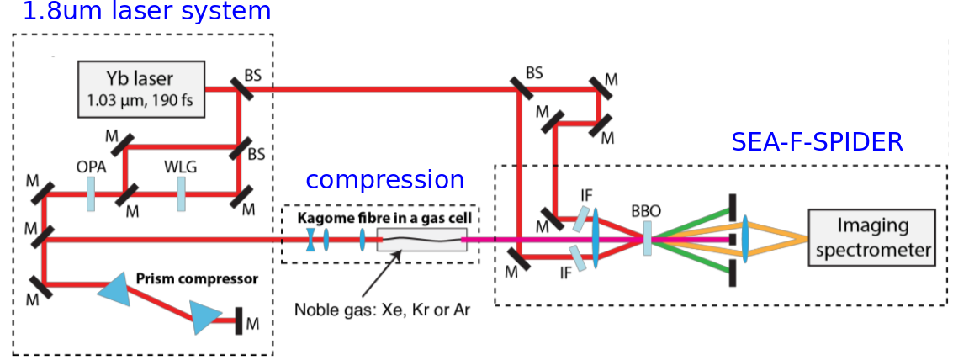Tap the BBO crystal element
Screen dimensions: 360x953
tap(646, 238)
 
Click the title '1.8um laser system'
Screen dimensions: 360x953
tap(136, 12)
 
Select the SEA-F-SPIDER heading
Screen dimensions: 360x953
tap(817, 141)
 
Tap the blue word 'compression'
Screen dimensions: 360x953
tap(384, 180)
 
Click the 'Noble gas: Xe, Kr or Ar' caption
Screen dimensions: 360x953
tap(382, 308)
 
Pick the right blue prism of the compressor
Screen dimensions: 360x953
tap(204, 317)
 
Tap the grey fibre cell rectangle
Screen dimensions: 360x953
tap(421, 240)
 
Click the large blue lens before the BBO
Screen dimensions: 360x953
tap(596, 238)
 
